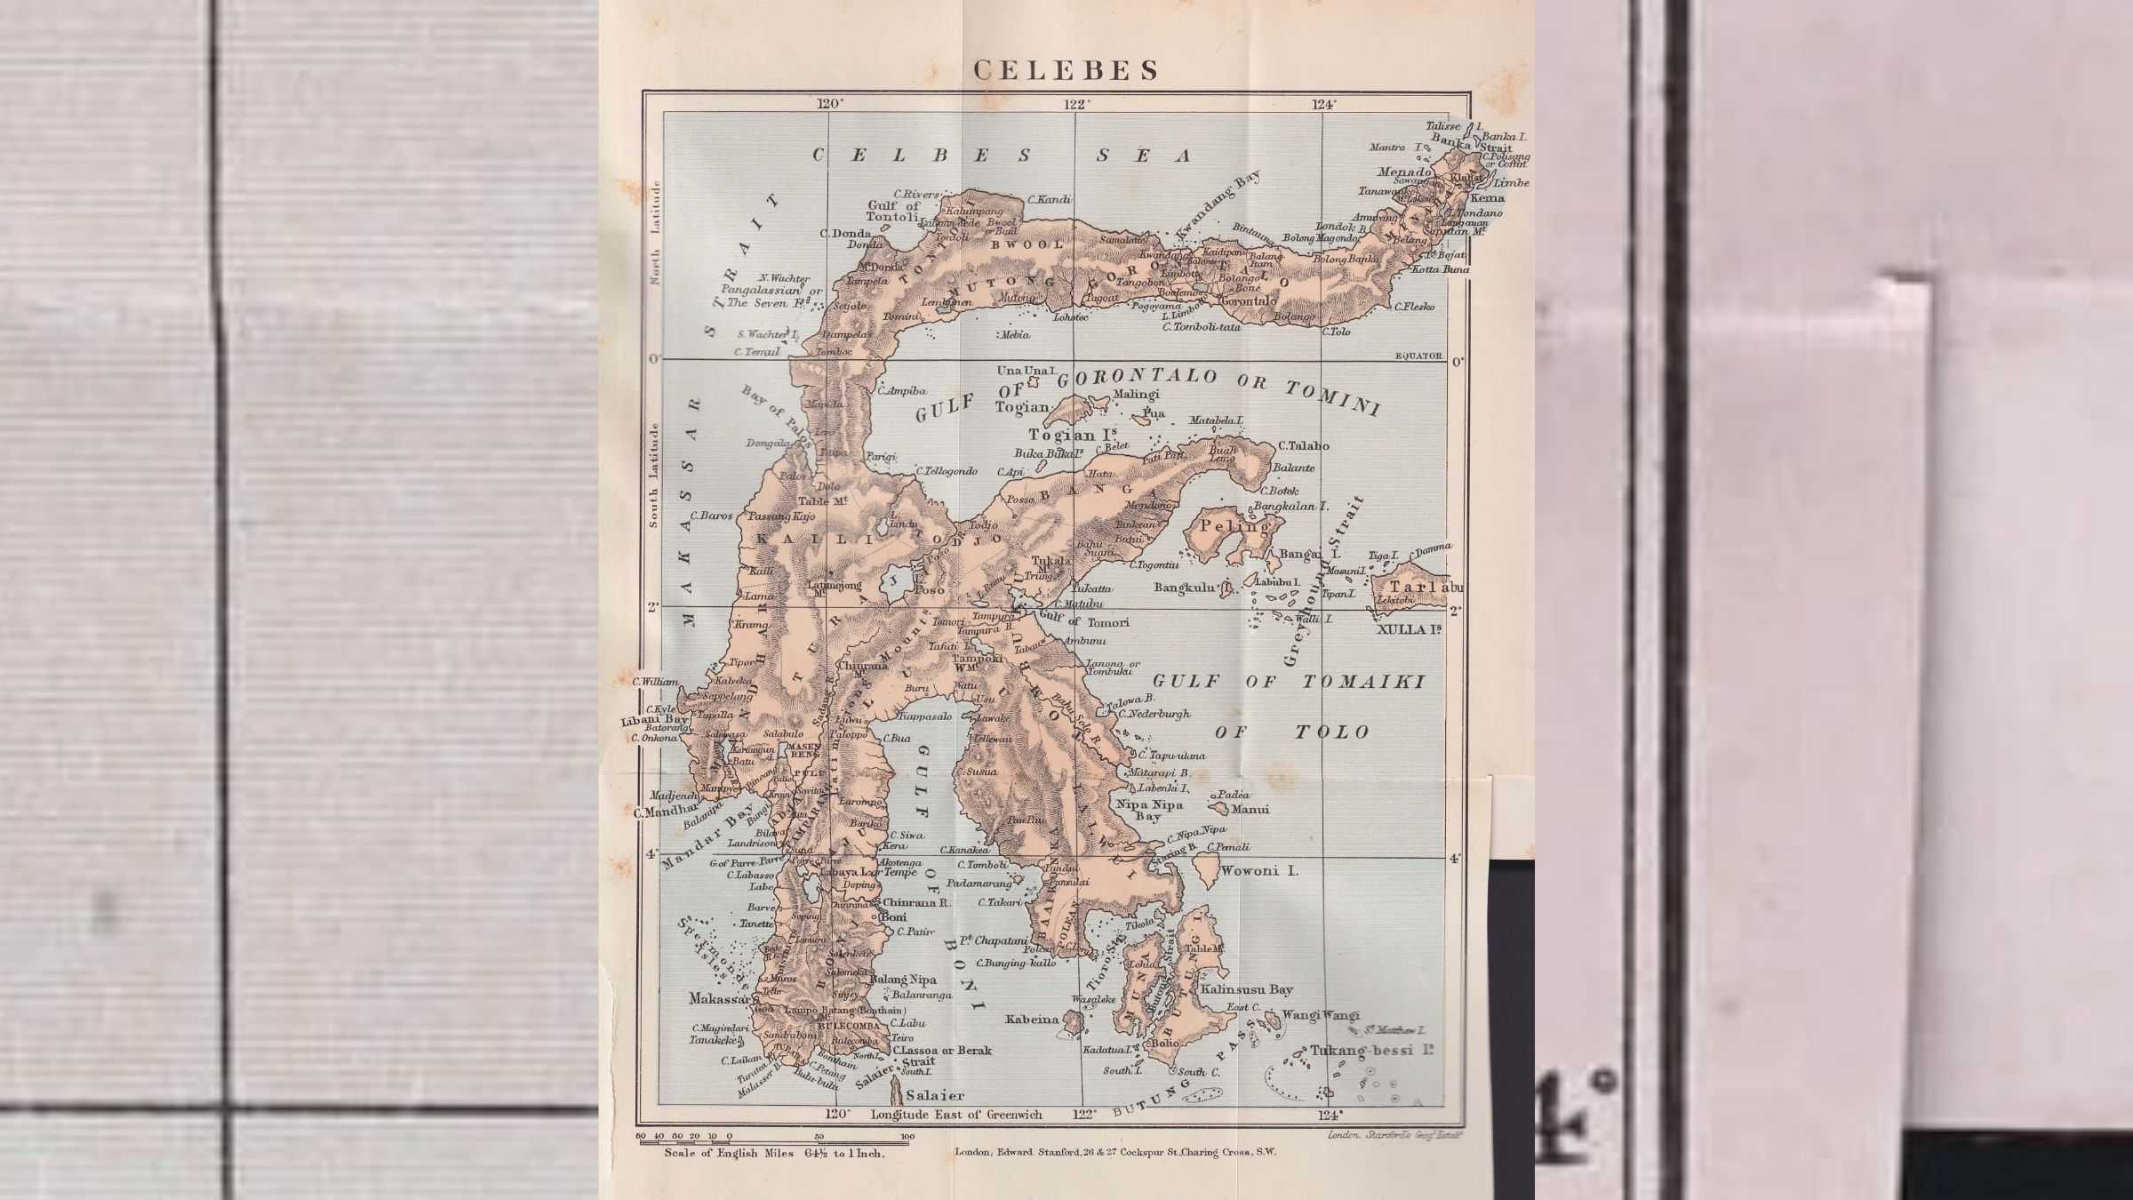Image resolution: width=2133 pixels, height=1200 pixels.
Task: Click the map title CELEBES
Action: click(x=1066, y=70)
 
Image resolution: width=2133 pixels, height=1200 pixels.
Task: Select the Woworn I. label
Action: click(x=1259, y=870)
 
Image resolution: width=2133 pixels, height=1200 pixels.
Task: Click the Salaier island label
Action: click(x=935, y=1096)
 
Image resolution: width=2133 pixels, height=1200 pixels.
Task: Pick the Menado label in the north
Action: click(x=1404, y=172)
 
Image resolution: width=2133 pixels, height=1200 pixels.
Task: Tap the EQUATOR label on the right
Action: click(x=1418, y=356)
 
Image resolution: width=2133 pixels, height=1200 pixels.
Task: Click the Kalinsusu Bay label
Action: click(x=1247, y=989)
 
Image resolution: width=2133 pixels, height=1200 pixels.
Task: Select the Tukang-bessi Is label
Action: click(x=1373, y=1050)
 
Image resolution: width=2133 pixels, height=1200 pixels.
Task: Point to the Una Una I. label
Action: click(x=1027, y=370)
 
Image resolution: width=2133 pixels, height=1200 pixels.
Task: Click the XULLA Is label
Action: click(x=1409, y=629)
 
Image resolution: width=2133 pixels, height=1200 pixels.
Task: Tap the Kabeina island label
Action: click(x=1032, y=1020)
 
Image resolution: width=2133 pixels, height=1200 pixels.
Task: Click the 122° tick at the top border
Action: click(x=1077, y=104)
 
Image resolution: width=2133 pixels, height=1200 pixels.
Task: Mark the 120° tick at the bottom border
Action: click(x=836, y=1114)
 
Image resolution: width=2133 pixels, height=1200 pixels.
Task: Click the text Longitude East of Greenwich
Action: click(x=956, y=1114)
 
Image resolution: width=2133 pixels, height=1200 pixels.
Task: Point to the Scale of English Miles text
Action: click(x=774, y=1153)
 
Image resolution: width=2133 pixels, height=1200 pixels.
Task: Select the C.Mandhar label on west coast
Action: click(x=666, y=812)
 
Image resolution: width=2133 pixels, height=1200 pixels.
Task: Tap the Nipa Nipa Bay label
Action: click(x=1149, y=810)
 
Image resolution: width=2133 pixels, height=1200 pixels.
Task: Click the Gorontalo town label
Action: click(x=1249, y=301)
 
